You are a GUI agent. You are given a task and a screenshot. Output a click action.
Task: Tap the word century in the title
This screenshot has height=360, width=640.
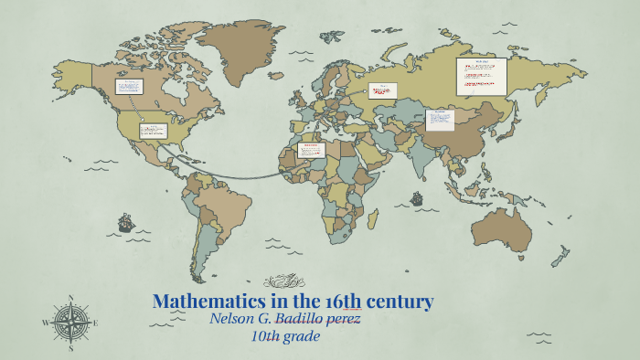click(399, 301)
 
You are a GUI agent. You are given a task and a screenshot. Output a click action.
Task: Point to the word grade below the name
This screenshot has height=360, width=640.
click(301, 337)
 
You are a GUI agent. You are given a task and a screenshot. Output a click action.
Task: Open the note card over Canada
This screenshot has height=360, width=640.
click(128, 87)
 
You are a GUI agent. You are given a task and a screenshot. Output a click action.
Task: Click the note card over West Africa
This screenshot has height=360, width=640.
click(312, 151)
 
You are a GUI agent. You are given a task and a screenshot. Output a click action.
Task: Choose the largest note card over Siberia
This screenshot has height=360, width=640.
click(481, 76)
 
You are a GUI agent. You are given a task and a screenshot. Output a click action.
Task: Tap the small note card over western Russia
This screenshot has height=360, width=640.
click(383, 90)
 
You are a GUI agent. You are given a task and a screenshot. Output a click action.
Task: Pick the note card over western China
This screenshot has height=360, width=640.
click(439, 120)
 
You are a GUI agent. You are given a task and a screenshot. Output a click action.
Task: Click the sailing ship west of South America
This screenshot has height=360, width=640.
click(125, 222)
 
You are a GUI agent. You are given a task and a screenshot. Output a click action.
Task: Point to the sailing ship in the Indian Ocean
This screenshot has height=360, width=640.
click(417, 197)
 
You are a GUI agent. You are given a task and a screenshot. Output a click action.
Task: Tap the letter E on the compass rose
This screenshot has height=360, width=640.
click(95, 323)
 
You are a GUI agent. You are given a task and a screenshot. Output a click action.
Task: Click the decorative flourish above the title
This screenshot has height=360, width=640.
click(283, 281)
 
